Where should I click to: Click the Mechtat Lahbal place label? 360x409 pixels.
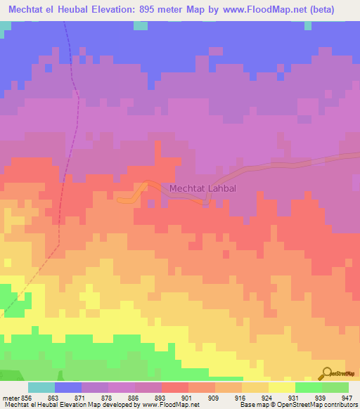[x=201, y=188]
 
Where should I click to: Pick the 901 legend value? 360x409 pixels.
[x=174, y=398]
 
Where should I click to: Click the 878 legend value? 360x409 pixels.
[x=94, y=398]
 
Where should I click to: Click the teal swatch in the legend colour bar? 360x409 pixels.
[x=41, y=387]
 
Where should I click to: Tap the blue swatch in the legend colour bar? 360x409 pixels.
[x=68, y=387]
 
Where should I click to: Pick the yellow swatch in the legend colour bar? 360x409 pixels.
[x=282, y=387]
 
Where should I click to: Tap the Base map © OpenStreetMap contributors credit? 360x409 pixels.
[x=297, y=405]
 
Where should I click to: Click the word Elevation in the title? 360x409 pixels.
[x=113, y=10]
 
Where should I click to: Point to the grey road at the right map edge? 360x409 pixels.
[x=352, y=156]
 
